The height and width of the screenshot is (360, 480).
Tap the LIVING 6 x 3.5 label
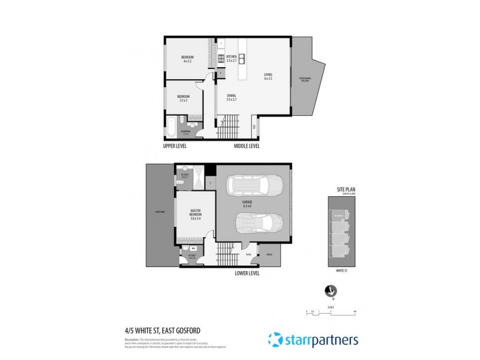click(268, 77)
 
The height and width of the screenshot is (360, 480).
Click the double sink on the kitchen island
click(242, 58)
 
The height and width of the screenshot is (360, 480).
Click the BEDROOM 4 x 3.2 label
click(188, 59)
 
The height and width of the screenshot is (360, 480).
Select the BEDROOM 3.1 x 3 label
click(183, 98)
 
